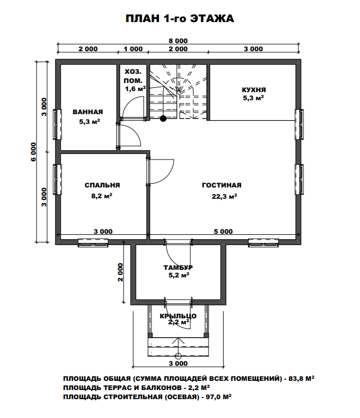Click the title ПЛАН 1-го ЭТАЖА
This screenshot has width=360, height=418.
click(180, 19)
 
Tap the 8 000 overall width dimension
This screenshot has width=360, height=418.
click(178, 41)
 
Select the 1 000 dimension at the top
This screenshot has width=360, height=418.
click(133, 49)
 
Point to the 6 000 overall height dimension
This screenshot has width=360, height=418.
click(33, 152)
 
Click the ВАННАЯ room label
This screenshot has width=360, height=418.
click(88, 112)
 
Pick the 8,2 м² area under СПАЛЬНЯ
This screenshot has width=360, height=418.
click(102, 196)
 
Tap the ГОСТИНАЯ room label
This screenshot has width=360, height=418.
click(221, 185)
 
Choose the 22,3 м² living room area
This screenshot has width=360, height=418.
click(225, 197)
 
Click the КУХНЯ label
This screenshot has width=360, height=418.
click(254, 90)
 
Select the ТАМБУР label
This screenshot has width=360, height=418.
click(178, 267)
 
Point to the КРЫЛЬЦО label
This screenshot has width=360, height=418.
click(178, 316)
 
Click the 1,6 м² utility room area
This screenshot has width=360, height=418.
click(135, 89)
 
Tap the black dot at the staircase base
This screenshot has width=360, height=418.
click(163, 119)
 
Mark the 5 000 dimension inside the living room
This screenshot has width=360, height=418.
click(223, 232)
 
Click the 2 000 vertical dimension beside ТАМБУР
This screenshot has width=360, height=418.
click(121, 273)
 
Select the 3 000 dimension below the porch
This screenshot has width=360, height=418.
click(178, 364)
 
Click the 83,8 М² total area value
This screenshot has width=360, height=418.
click(301, 378)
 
